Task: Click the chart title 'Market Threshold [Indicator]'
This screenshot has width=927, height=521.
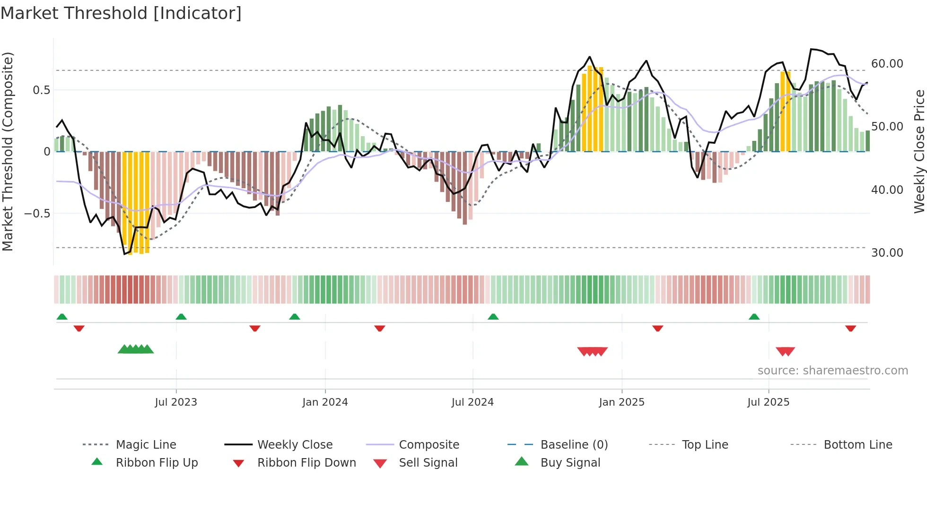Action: click(x=121, y=13)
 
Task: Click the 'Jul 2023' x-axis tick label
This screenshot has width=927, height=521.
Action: click(x=176, y=402)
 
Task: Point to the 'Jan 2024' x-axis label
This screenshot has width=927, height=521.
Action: click(x=325, y=402)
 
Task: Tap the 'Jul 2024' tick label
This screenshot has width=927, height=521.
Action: click(x=472, y=402)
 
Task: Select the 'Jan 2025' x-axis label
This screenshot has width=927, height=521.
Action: click(x=621, y=402)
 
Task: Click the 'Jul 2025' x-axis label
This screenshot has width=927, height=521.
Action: click(x=769, y=402)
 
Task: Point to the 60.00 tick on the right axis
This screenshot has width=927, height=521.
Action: click(x=887, y=64)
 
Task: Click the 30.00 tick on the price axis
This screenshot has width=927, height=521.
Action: click(x=887, y=253)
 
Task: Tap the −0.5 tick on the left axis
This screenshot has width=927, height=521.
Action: click(x=37, y=213)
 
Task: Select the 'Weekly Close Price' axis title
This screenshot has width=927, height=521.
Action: click(x=919, y=151)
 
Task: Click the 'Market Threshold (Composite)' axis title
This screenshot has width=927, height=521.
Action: click(x=8, y=151)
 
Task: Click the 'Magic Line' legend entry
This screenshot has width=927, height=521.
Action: click(x=146, y=445)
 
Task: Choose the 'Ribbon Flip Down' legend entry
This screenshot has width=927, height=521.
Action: click(x=306, y=463)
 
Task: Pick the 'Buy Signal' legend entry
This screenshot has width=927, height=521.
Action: click(x=570, y=463)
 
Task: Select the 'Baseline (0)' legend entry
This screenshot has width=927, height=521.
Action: click(x=574, y=445)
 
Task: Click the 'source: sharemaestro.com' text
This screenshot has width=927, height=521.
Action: click(x=832, y=371)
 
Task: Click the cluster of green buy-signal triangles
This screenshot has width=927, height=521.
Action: click(x=136, y=350)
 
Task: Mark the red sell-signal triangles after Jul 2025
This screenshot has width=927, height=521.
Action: click(x=785, y=351)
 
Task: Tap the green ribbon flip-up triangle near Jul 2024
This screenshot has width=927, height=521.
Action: click(x=493, y=317)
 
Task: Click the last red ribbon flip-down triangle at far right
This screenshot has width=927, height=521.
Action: click(x=850, y=328)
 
